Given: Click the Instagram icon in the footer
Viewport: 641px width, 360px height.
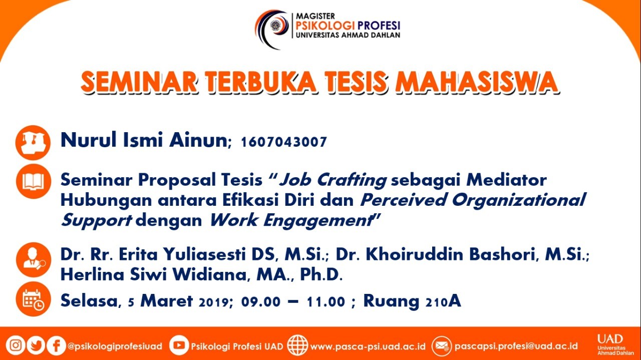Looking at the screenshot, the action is tap(16, 345).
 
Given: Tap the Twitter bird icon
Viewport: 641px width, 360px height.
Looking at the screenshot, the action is tap(36, 345).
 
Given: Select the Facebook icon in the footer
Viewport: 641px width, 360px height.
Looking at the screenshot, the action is tap(56, 345).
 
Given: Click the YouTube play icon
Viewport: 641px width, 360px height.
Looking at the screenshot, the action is tap(179, 345).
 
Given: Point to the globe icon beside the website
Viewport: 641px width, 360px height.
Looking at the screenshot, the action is tap(297, 345).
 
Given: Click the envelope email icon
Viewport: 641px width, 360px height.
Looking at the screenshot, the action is tap(442, 346).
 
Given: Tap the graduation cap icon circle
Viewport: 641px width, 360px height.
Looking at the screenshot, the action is tap(33, 143).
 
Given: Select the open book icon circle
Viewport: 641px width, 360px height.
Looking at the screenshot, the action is tap(34, 181).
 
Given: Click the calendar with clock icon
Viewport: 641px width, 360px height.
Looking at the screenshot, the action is tap(34, 299).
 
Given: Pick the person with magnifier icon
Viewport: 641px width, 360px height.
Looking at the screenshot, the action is tap(34, 260).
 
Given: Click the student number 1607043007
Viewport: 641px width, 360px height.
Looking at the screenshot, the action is tap(284, 142).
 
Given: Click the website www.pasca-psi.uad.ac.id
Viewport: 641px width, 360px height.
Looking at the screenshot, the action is tap(368, 346).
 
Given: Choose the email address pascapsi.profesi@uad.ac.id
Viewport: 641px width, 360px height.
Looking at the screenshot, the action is tap(516, 346).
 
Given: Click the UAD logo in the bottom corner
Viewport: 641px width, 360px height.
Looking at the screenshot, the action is tap(615, 344).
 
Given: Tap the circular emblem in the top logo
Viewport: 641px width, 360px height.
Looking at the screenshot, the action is tap(276, 25).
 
